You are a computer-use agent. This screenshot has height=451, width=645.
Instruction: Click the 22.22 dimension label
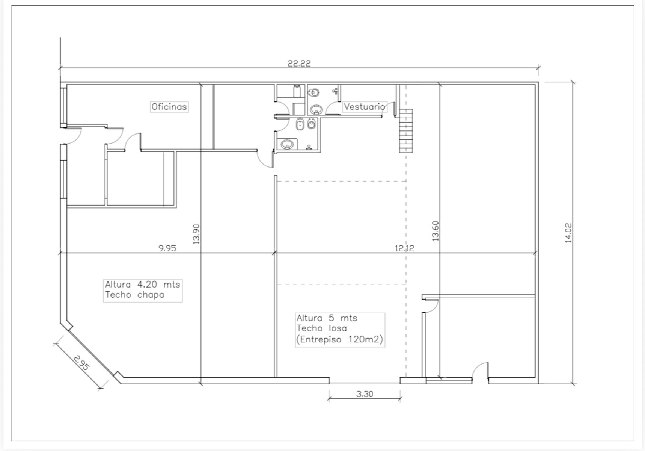[x=299, y=63]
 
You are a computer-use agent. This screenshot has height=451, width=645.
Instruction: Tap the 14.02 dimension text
[x=568, y=233]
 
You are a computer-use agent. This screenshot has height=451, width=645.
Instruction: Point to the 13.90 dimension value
[x=196, y=234]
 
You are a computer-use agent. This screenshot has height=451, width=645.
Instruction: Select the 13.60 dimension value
[x=435, y=231]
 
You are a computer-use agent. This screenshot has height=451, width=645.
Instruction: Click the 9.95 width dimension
[x=167, y=248]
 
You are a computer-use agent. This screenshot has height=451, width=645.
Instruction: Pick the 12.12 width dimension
[x=404, y=248]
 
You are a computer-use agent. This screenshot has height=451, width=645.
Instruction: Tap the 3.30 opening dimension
[x=365, y=394]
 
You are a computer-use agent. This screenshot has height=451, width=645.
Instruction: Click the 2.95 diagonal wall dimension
[x=81, y=363]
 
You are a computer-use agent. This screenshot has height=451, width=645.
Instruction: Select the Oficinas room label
[x=169, y=107]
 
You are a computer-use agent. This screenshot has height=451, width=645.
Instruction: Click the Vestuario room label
[x=365, y=107]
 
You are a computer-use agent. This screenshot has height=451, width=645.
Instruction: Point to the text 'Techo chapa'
[x=135, y=295]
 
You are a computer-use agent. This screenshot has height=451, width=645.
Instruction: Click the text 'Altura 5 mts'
[x=327, y=318]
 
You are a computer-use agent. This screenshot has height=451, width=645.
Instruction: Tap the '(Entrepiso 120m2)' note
[x=339, y=339]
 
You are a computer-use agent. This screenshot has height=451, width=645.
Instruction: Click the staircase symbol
[x=406, y=130]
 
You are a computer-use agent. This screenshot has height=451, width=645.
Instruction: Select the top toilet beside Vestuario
[x=314, y=92]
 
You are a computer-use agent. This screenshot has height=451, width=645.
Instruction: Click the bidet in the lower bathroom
[x=311, y=123]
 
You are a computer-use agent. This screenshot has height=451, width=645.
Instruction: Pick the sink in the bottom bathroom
[x=288, y=144]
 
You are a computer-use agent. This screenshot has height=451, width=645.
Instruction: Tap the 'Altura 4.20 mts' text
[x=143, y=284]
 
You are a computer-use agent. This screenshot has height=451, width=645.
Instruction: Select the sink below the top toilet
[x=317, y=110]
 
